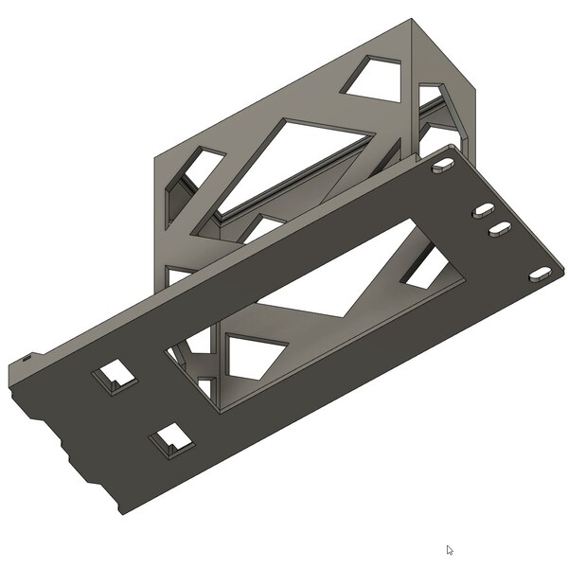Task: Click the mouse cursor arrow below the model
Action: pyautogui.click(x=451, y=550)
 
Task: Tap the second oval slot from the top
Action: pyautogui.click(x=484, y=209)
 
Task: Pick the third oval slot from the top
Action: pyautogui.click(x=499, y=228)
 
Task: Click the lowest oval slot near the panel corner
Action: pyautogui.click(x=539, y=273)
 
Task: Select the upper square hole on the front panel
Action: pyautogui.click(x=113, y=376)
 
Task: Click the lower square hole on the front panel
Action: pyautogui.click(x=170, y=438)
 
